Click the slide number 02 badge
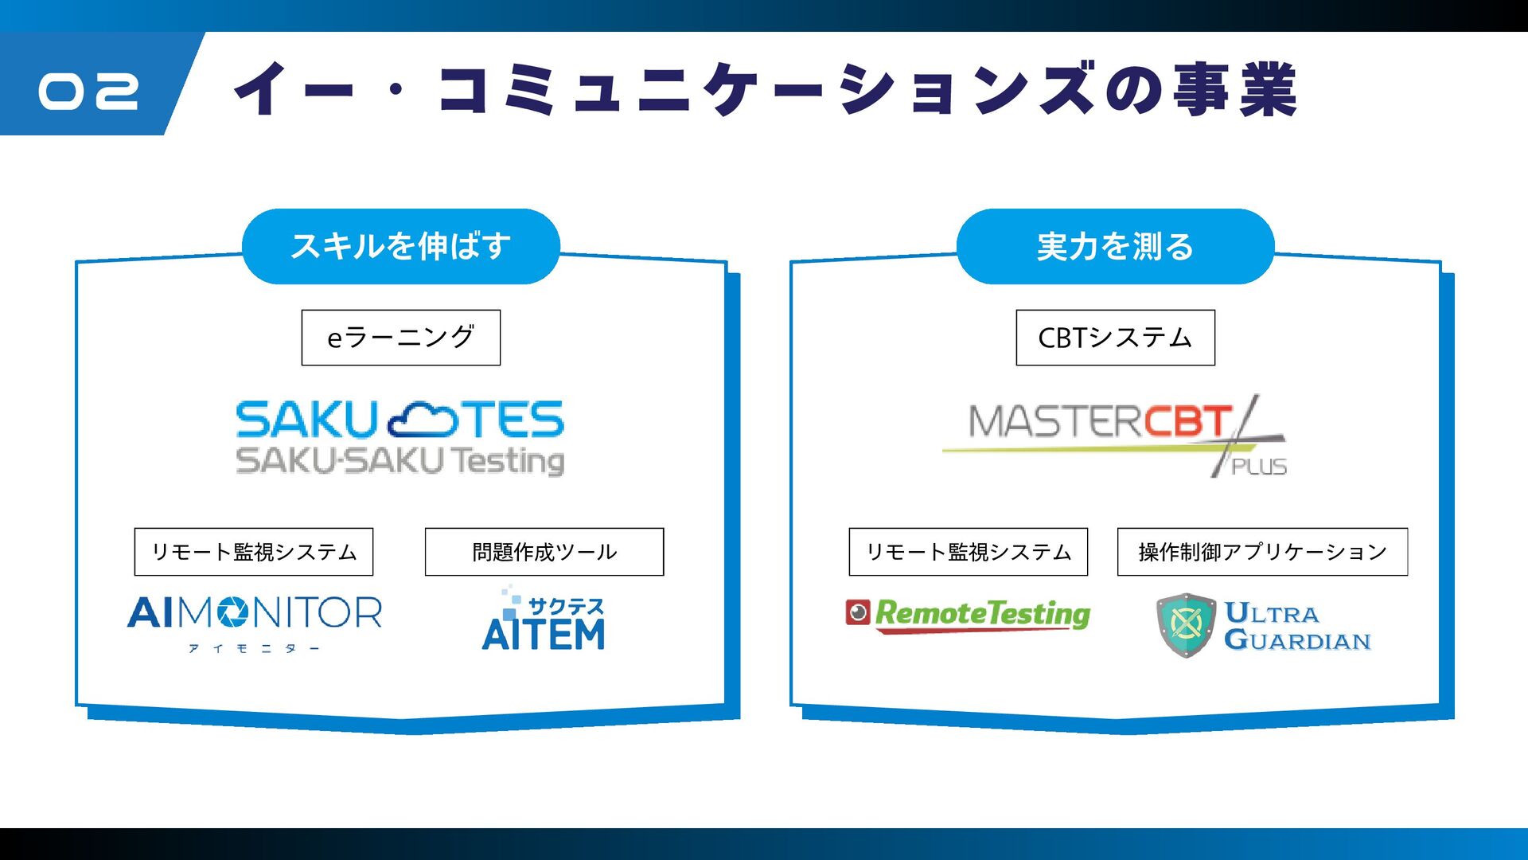pos(88,91)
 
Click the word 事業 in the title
pos(1234,89)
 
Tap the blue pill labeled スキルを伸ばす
pos(400,246)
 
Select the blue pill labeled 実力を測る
pos(1115,246)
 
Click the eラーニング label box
pos(400,338)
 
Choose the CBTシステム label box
pos(1115,338)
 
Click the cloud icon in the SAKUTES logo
pos(423,420)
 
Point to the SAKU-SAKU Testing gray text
pos(400,461)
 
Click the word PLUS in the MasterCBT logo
pos(1259,467)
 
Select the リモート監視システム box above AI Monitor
pos(253,552)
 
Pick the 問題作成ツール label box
pos(544,552)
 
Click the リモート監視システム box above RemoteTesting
pos(968,552)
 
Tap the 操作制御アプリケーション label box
pos(1262,552)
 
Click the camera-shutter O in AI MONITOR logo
pos(233,612)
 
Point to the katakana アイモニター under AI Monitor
pos(254,649)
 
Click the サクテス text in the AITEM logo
pos(566,607)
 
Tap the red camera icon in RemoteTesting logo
pos(857,612)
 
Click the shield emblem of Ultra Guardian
pos(1186,625)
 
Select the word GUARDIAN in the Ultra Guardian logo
pos(1297,640)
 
